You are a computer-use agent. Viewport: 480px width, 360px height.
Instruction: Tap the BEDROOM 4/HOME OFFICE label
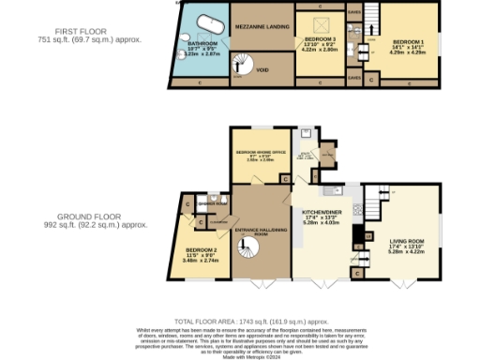click(260, 151)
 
